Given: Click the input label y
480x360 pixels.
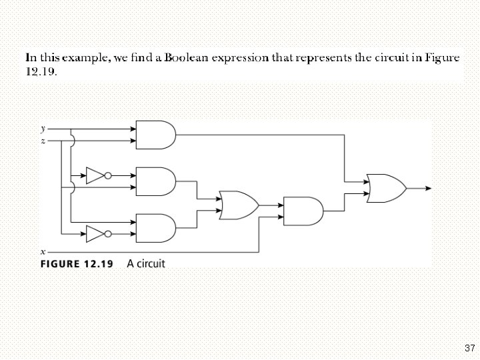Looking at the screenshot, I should [43, 128].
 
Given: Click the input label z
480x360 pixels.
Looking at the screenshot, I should [43, 141].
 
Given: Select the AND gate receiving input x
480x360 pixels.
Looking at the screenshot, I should [302, 211].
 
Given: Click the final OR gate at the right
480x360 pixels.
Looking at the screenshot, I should [385, 188].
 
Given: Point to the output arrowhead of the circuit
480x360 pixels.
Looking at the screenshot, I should [427, 188].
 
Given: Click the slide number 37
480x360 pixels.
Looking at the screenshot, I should [469, 348].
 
